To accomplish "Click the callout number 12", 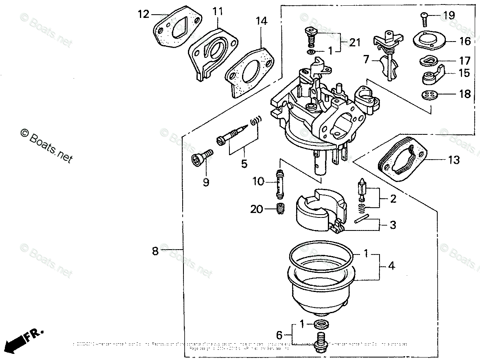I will [x=144, y=14].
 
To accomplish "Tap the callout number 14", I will [x=262, y=21].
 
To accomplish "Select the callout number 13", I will [x=454, y=160].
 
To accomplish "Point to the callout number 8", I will [x=155, y=251].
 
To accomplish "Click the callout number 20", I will [x=257, y=209].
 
